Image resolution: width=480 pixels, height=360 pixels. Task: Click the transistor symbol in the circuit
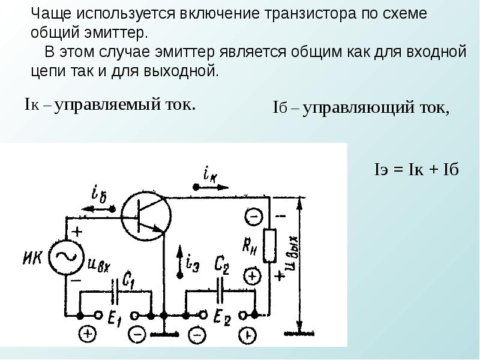point(145,214)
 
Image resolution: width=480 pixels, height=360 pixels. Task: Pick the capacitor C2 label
point(222,264)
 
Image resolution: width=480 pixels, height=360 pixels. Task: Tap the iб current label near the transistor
point(100,194)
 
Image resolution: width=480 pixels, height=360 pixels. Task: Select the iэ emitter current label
point(193,261)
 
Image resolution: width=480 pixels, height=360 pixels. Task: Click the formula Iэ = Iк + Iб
point(416,169)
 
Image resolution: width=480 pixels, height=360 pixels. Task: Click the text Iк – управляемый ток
point(110,104)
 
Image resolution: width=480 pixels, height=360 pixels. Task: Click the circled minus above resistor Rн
point(253,215)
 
